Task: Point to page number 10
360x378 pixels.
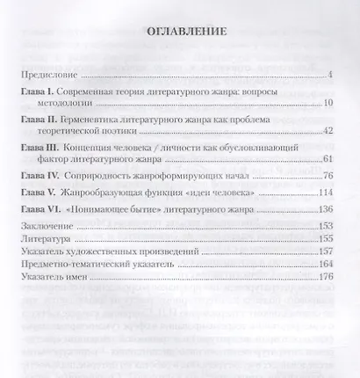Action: pyautogui.click(x=324, y=105)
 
